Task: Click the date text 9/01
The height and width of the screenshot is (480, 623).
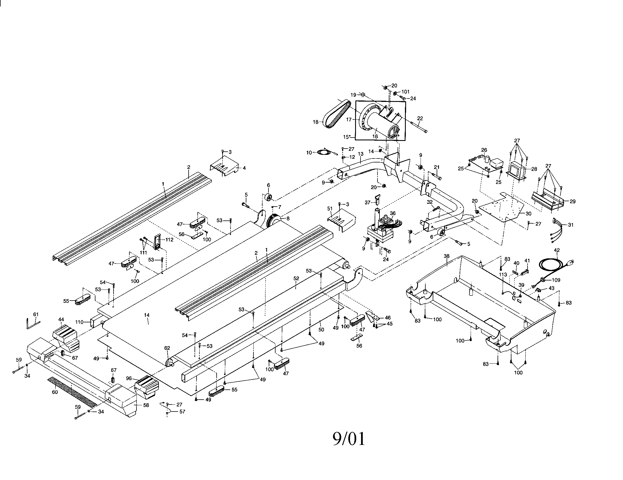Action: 349,439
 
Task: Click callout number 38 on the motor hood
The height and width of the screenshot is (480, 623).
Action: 447,256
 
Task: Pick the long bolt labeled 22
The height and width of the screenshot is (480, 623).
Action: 419,127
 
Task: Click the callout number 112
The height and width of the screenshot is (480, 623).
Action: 169,240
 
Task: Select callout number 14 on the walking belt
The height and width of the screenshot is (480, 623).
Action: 147,315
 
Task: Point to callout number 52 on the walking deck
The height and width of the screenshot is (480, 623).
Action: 296,278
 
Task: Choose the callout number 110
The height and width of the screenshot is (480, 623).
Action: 80,322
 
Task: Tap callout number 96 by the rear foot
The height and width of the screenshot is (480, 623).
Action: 129,378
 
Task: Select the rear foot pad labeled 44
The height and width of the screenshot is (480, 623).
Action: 65,338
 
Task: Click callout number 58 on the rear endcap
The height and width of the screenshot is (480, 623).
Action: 146,405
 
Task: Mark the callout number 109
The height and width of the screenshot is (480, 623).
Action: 556,280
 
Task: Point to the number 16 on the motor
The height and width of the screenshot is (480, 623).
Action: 375,136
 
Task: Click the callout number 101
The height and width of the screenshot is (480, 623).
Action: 405,92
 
